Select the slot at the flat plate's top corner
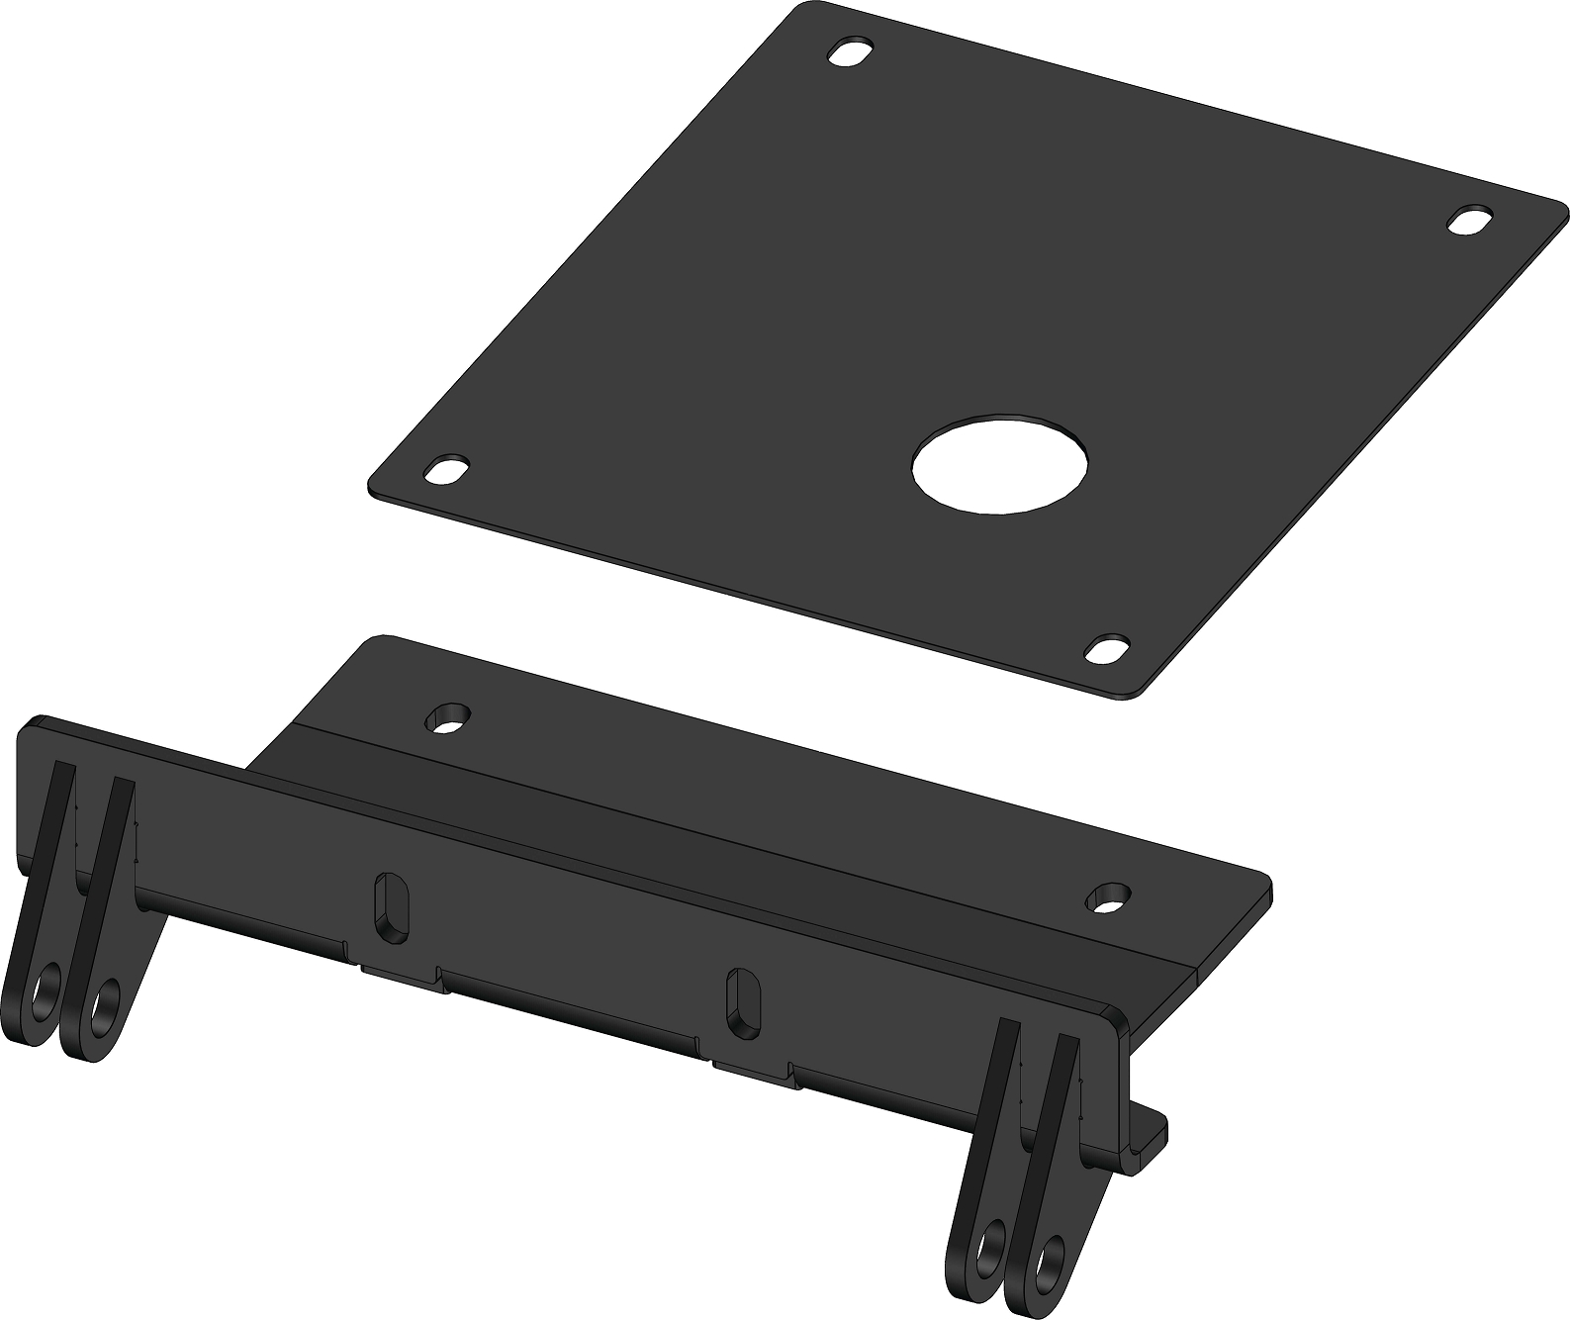coord(851,52)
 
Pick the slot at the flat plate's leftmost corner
coord(447,468)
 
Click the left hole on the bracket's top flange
coord(448,717)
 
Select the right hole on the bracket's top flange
coord(1109,896)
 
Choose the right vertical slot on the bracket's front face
coord(740,1002)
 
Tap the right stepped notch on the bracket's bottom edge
coord(752,1064)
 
